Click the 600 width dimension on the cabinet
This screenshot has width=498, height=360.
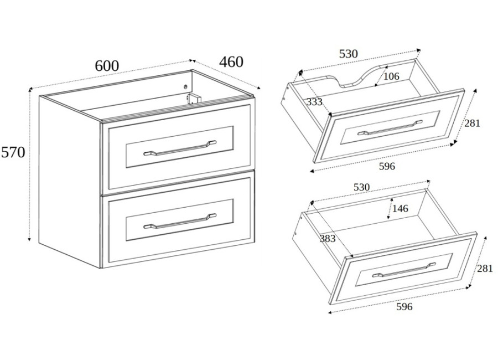(x=107, y=66)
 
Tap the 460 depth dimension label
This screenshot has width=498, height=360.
(x=231, y=61)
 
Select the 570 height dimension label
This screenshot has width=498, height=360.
(x=13, y=153)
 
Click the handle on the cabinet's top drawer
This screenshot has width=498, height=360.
(x=180, y=148)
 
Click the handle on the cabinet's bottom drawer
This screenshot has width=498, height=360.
(x=180, y=221)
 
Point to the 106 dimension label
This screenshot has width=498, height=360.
(x=391, y=76)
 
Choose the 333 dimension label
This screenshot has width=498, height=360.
(x=314, y=102)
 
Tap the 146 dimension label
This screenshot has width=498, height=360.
(x=400, y=209)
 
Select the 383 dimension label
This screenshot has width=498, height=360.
(x=328, y=238)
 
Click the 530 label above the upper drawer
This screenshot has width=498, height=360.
(x=349, y=54)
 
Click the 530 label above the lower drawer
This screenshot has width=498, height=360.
(x=362, y=187)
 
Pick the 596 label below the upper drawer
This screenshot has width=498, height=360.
(x=387, y=166)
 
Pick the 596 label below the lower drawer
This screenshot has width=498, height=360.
(x=404, y=307)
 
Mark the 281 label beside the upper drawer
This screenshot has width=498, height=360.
(x=473, y=123)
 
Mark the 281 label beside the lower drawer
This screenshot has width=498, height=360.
(x=485, y=269)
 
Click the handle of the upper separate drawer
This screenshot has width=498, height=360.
(x=390, y=127)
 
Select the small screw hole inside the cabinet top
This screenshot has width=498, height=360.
(x=186, y=86)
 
